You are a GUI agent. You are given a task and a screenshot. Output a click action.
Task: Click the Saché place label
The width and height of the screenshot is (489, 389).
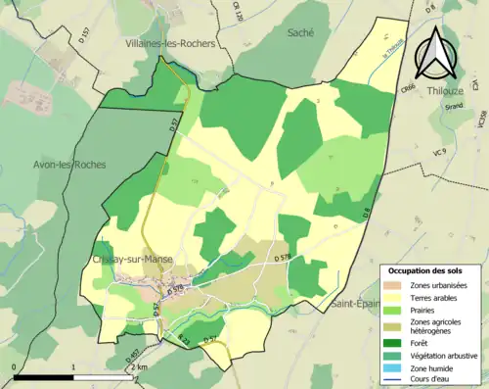(x=300, y=32)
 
